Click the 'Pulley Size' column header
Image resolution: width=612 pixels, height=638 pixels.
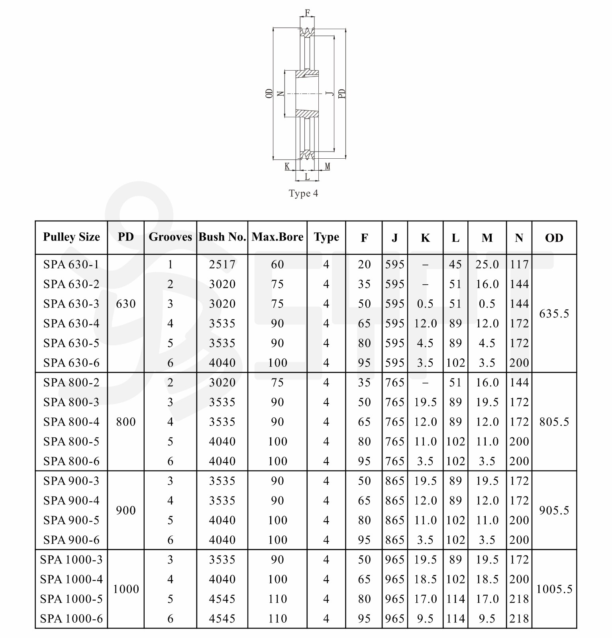click(x=71, y=237)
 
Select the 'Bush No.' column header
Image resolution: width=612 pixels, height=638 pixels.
click(x=222, y=237)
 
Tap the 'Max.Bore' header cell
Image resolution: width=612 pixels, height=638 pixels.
click(x=277, y=237)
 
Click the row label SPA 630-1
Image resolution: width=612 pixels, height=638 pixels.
click(x=71, y=264)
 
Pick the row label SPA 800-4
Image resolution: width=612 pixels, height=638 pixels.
click(x=71, y=422)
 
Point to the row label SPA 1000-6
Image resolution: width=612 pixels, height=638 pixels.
click(x=71, y=618)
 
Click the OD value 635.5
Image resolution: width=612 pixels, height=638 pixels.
click(x=554, y=314)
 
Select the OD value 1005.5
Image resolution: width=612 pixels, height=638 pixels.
click(x=554, y=589)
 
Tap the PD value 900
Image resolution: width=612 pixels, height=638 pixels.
click(x=126, y=510)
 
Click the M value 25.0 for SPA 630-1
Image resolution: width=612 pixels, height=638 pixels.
click(x=487, y=264)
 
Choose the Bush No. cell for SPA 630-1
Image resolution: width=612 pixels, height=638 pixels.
click(x=222, y=264)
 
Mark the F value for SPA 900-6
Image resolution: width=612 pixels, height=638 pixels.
click(x=364, y=540)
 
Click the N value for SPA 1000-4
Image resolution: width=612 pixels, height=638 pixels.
click(x=519, y=579)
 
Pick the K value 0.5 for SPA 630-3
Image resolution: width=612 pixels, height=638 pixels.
click(x=425, y=304)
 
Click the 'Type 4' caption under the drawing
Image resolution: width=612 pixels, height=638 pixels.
click(x=303, y=194)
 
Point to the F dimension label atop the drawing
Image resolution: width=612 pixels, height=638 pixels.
click(x=307, y=13)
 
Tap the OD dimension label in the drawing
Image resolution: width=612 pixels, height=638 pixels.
click(x=269, y=94)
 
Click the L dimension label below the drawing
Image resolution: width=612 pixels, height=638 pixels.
click(x=307, y=177)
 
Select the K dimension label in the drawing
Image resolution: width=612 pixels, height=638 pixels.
click(x=287, y=166)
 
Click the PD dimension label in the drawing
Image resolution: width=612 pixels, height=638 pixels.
click(x=342, y=94)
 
